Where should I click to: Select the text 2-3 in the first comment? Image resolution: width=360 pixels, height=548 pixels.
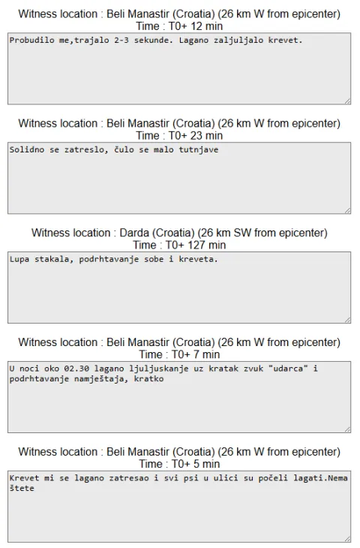coord(121,41)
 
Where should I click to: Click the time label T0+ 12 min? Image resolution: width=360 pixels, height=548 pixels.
coord(196,26)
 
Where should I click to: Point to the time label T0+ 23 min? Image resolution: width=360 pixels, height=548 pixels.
coord(196,136)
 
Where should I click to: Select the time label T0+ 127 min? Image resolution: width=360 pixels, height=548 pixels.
coord(196,245)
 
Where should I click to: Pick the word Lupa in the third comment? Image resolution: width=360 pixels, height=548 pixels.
coord(19,259)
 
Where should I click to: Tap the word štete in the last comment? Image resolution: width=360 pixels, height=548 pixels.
coord(22,488)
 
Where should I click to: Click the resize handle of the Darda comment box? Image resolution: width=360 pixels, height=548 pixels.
coord(347,320)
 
